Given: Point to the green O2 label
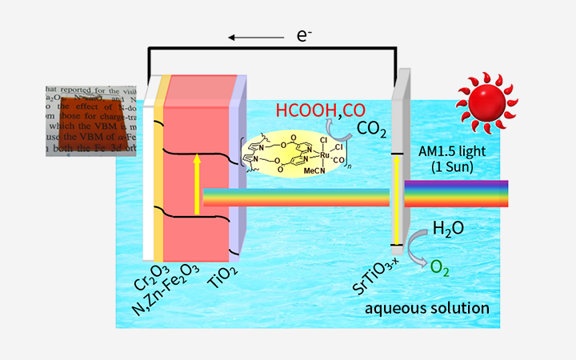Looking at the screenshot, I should (440, 269).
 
